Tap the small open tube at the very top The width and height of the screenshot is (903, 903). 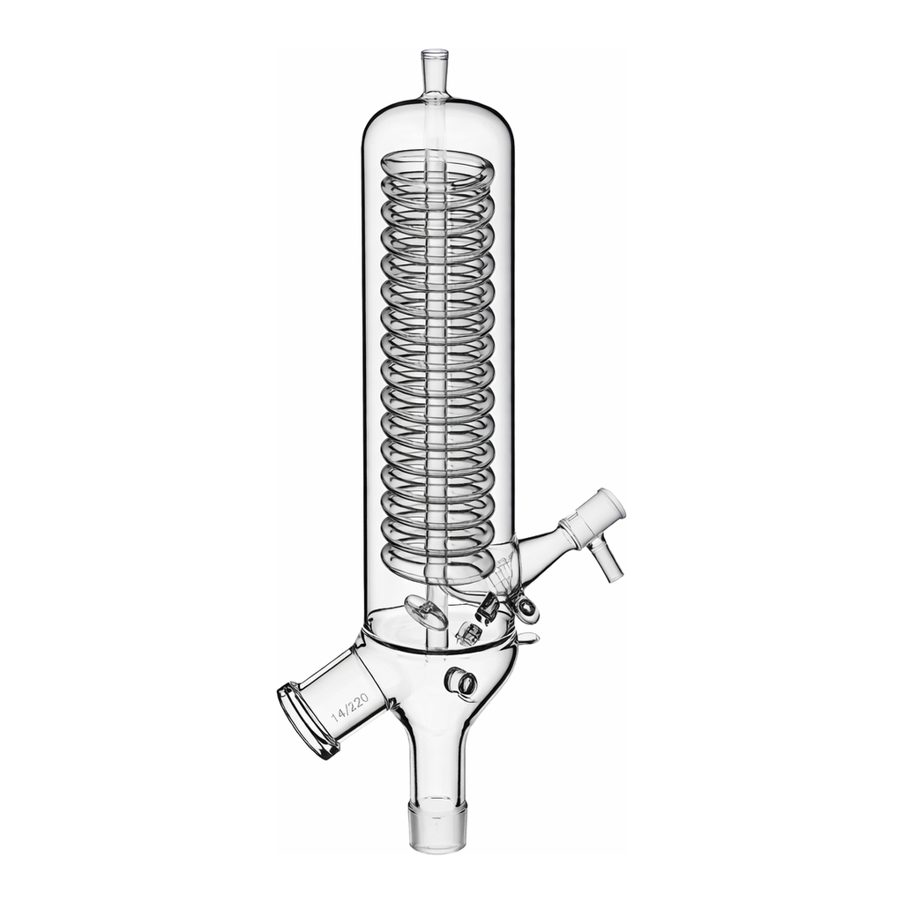[434, 75]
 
